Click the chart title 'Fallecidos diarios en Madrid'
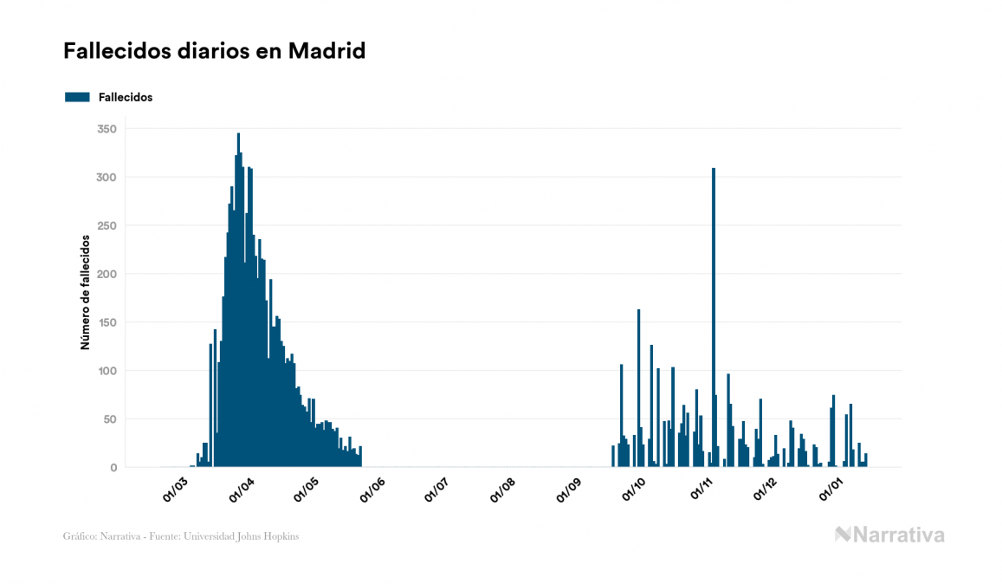pyautogui.click(x=214, y=51)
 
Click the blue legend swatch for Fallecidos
pyautogui.click(x=77, y=97)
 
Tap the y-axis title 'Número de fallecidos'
pyautogui.click(x=86, y=291)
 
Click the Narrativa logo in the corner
pyautogui.click(x=889, y=535)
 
